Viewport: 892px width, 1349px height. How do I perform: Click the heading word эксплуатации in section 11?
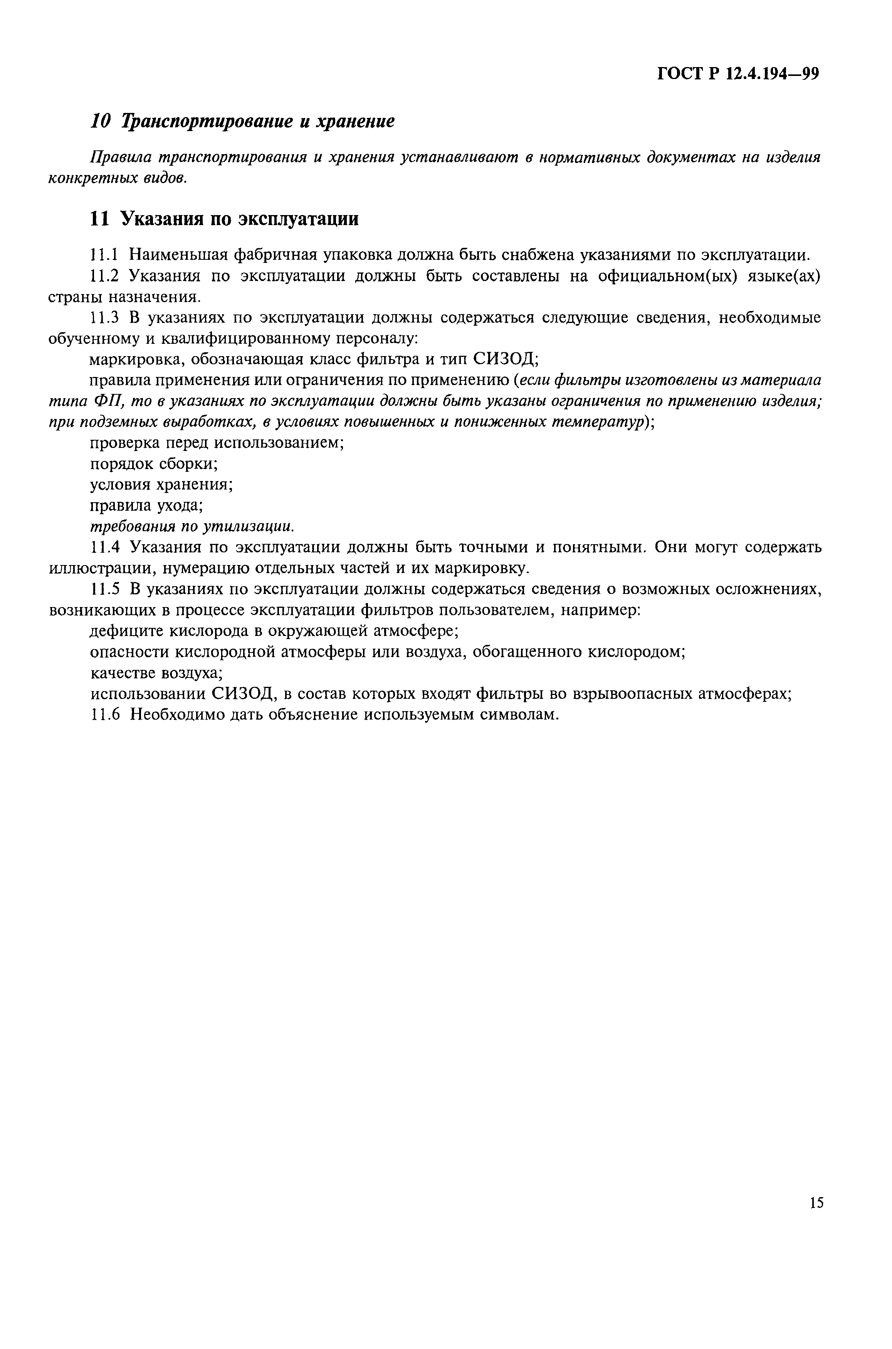pos(299,219)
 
